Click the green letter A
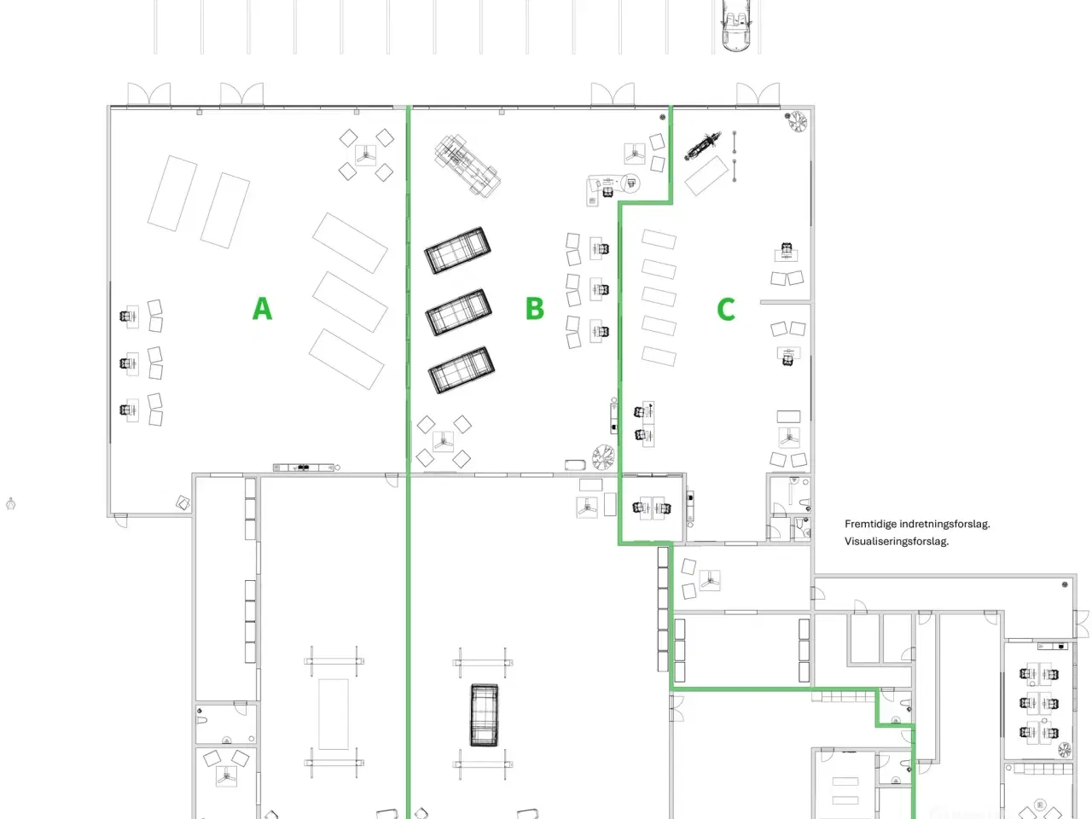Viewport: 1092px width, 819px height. tap(262, 308)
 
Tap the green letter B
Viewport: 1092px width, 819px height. tap(535, 308)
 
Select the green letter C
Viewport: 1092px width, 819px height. tap(726, 309)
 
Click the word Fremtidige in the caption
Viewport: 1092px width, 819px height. tap(870, 524)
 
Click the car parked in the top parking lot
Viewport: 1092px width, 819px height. tap(735, 26)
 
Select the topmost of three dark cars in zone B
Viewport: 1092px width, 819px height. tap(458, 250)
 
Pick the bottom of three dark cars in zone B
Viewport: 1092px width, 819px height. tap(462, 370)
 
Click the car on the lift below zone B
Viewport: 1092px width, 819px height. tap(484, 715)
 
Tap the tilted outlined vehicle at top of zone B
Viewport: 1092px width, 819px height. tap(467, 165)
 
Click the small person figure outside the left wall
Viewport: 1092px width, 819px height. tap(11, 504)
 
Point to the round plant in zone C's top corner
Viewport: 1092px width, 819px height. tap(798, 122)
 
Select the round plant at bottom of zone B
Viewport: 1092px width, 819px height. tap(603, 456)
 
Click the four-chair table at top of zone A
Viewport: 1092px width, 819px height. tap(366, 154)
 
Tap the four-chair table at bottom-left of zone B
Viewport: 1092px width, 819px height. tap(443, 442)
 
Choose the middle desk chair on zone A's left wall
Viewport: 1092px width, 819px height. tap(129, 363)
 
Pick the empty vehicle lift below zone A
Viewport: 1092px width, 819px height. tap(334, 713)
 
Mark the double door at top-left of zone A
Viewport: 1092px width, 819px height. tap(149, 94)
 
